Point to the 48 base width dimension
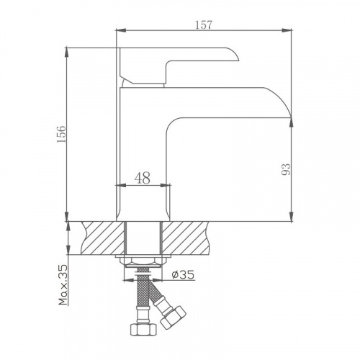pyautogui.click(x=143, y=179)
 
